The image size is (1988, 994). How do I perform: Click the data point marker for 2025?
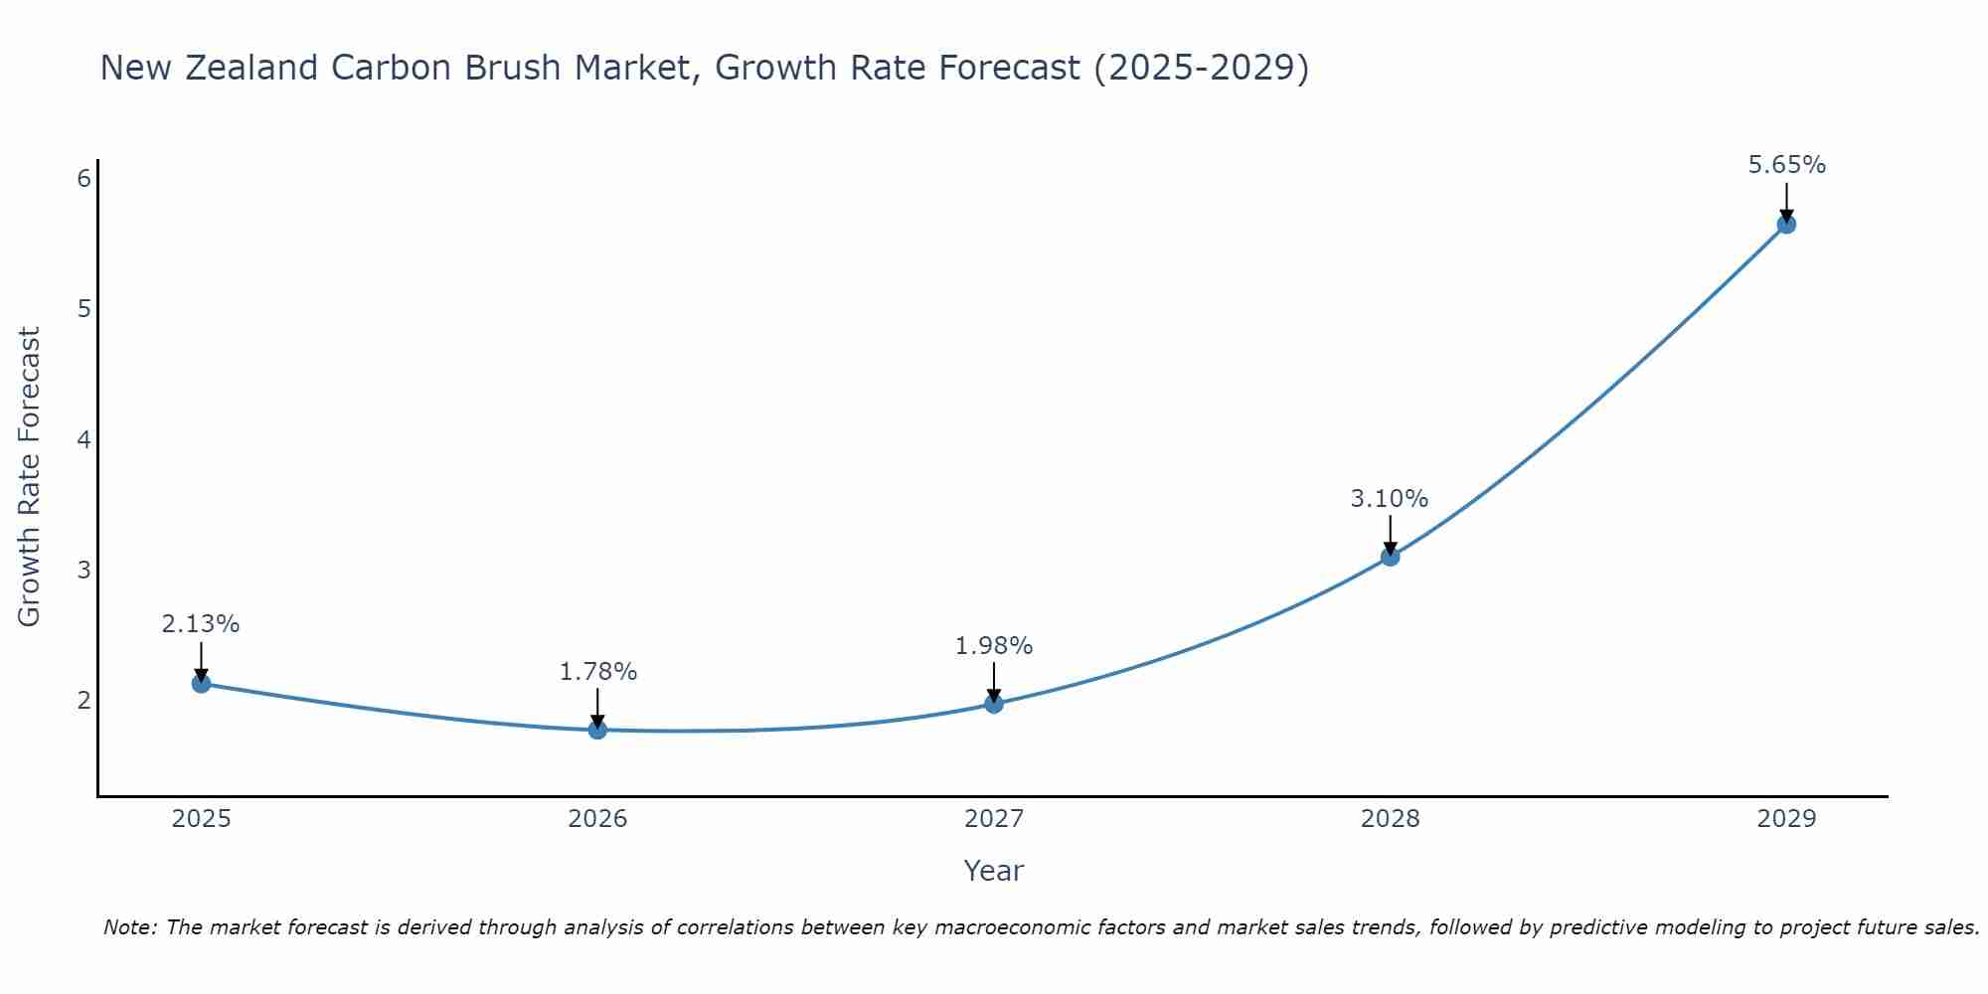point(201,683)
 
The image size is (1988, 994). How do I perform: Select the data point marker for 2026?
point(597,730)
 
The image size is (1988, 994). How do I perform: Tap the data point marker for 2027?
point(994,704)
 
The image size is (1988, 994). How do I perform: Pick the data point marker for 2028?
point(1390,557)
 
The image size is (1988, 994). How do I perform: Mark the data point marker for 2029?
point(1786,224)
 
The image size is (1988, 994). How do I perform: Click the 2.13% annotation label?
point(201,624)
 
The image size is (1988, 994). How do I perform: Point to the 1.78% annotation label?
point(597,672)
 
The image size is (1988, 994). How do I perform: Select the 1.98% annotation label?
point(994,646)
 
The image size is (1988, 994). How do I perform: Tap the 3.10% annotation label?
point(1390,498)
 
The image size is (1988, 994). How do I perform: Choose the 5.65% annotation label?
point(1786,165)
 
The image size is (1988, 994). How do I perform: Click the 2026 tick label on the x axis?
point(597,819)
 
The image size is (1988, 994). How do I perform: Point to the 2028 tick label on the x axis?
point(1390,819)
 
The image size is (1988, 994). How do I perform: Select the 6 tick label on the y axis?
point(83,178)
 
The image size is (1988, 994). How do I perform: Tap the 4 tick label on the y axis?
point(83,439)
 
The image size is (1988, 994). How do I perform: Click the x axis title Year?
point(993,871)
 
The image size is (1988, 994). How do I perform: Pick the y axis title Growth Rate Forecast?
point(30,477)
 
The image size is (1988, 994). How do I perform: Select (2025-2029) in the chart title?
point(1201,68)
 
